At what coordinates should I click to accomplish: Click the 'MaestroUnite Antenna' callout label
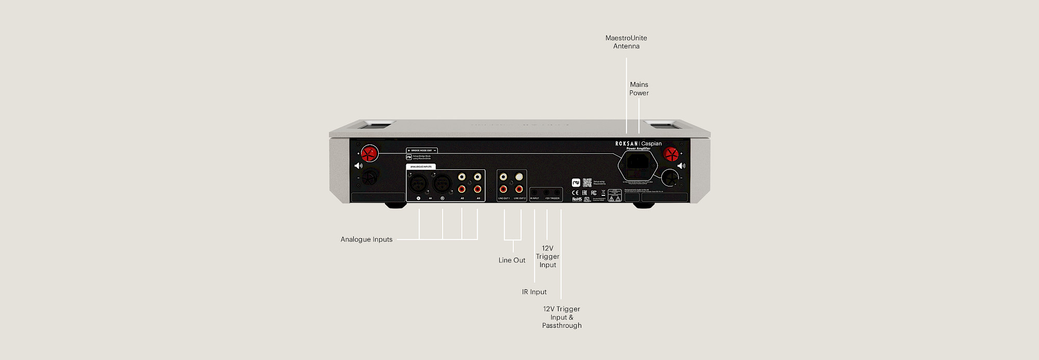[x=626, y=42]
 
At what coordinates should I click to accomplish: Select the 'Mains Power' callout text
[x=639, y=89]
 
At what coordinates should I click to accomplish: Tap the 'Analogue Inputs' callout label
[x=366, y=239]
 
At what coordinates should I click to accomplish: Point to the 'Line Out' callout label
[x=512, y=260]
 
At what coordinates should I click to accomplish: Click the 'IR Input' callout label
[x=534, y=292]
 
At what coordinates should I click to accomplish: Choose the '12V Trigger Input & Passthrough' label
[x=562, y=317]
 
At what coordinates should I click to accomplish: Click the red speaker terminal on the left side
[x=369, y=153]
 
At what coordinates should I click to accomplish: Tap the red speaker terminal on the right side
[x=671, y=154]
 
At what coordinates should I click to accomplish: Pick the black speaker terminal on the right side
[x=670, y=179]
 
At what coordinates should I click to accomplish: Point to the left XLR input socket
[x=418, y=183]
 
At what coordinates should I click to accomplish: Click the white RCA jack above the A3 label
[x=477, y=177]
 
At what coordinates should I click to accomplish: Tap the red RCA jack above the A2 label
[x=462, y=189]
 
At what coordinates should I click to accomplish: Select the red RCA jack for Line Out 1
[x=503, y=189]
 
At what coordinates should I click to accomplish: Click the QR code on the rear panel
[x=587, y=182]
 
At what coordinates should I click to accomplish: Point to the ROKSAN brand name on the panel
[x=626, y=144]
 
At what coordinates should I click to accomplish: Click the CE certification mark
[x=575, y=193]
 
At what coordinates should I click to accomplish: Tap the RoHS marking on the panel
[x=577, y=199]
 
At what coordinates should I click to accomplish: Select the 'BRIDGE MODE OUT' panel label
[x=422, y=151]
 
